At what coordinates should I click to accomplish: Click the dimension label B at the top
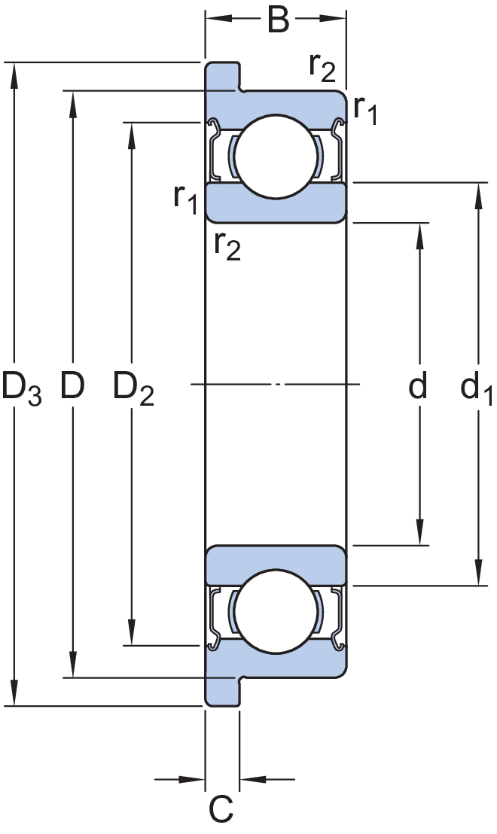click(x=278, y=20)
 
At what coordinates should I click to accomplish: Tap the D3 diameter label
click(x=21, y=388)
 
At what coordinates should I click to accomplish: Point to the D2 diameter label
click(x=133, y=388)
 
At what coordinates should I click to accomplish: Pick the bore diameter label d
click(x=418, y=385)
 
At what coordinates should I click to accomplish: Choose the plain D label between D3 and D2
click(x=72, y=385)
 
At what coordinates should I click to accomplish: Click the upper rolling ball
click(x=276, y=157)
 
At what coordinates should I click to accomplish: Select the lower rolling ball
click(x=276, y=611)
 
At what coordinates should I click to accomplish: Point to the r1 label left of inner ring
click(x=186, y=200)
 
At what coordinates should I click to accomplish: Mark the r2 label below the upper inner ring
click(x=227, y=246)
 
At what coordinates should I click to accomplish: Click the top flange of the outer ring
click(x=223, y=76)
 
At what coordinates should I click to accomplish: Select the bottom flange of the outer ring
click(x=223, y=692)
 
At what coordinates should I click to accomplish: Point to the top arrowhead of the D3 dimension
click(x=14, y=75)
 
